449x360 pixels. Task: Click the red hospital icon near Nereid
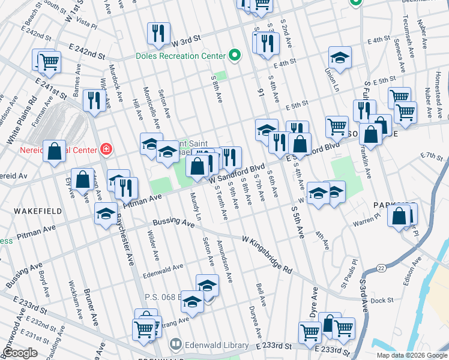pyautogui.click(x=106, y=148)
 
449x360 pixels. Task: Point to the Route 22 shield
pyautogui.click(x=380, y=267)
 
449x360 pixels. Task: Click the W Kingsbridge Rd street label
pyautogui.click(x=267, y=254)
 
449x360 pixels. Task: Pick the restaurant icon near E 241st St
pyautogui.click(x=94, y=100)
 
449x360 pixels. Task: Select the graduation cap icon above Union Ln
pyautogui.click(x=340, y=59)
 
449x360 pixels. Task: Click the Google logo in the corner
pyautogui.click(x=19, y=352)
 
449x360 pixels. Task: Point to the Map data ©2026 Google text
pyautogui.click(x=411, y=355)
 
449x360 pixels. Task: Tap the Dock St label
pyautogui.click(x=381, y=301)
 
